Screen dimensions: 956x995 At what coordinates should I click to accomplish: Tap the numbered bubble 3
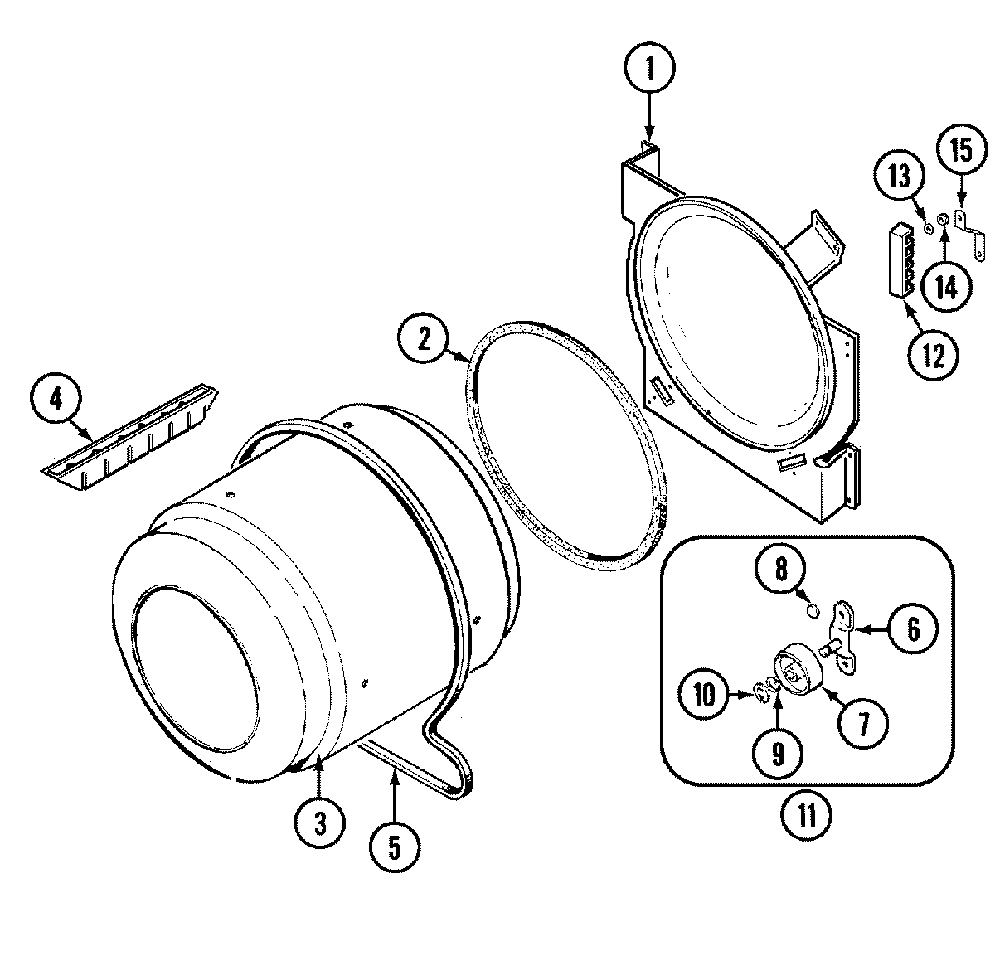point(318,822)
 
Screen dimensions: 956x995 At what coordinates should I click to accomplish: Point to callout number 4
point(56,399)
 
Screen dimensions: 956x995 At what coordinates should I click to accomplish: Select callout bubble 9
point(777,751)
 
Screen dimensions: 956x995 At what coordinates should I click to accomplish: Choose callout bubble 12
point(933,357)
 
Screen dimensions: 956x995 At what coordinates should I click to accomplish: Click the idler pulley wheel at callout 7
point(797,667)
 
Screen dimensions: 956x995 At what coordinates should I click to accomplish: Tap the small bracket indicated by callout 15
point(970,234)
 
